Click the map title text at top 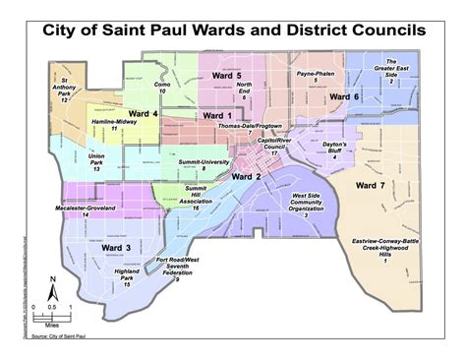233,30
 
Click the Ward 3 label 117,248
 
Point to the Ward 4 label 143,114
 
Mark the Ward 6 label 344,96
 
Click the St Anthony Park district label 65,88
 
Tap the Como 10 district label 163,87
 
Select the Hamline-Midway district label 113,124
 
